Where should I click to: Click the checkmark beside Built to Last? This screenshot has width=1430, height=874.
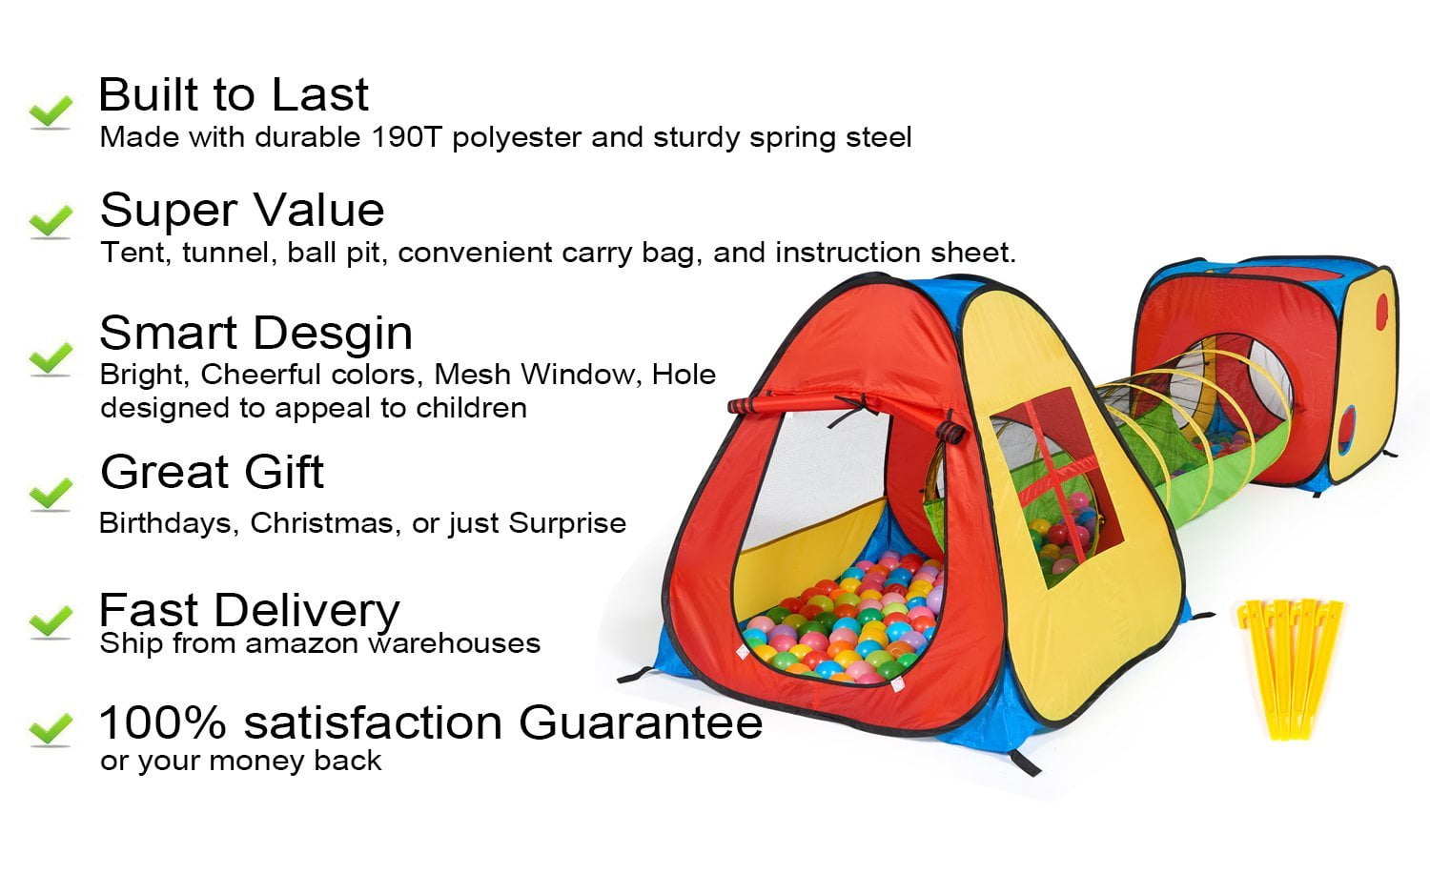coord(51,112)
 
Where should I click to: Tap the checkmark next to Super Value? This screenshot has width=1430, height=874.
coord(51,221)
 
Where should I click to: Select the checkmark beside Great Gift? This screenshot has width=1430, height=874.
coord(51,493)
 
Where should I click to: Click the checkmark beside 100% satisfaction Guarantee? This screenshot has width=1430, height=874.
coord(51,730)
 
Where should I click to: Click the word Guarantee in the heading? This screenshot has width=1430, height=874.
coord(641,722)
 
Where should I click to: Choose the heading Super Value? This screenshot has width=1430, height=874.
coord(242,210)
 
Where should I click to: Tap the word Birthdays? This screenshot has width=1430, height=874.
coord(167,523)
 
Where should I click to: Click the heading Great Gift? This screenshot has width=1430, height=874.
coord(212,472)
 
